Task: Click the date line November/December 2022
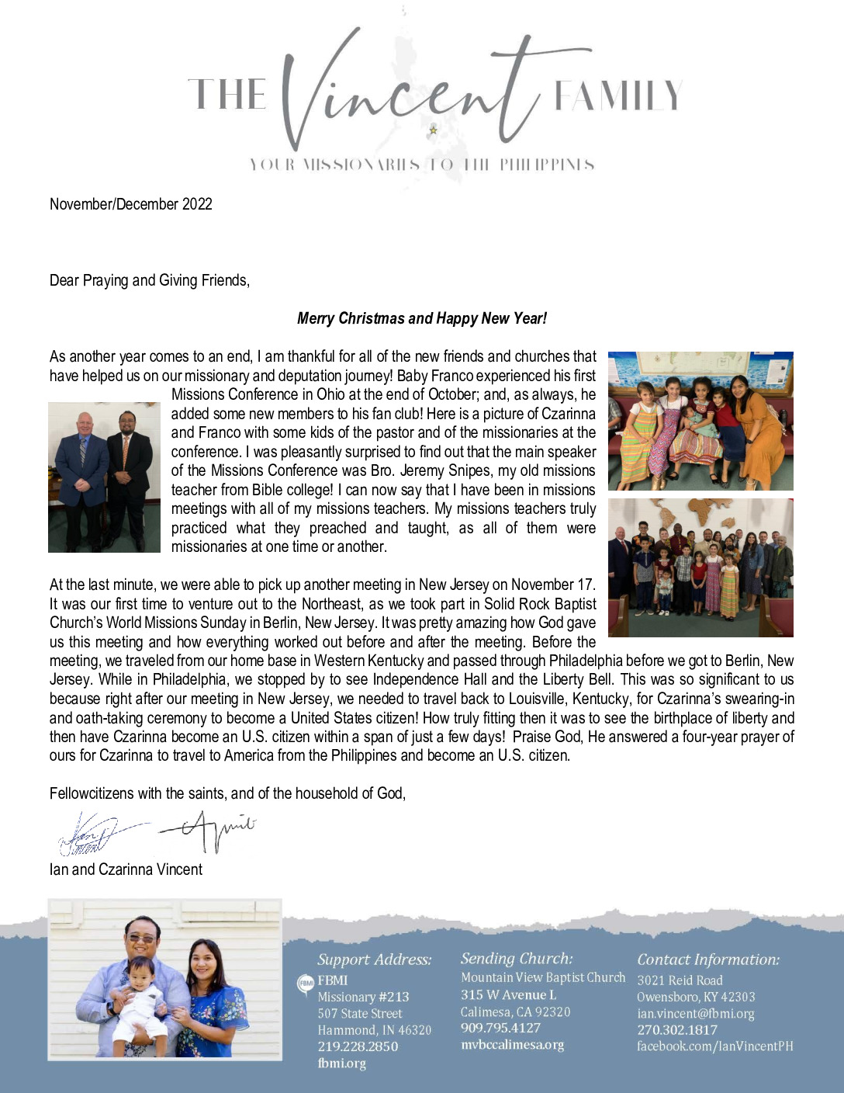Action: coord(130,204)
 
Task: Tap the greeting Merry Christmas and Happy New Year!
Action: coord(422,318)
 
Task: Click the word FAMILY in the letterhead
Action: coord(617,95)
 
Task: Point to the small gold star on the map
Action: coord(433,130)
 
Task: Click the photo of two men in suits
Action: coord(104,477)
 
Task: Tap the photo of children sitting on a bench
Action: coord(700,421)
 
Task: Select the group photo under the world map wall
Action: coord(700,567)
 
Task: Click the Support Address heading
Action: coord(374,959)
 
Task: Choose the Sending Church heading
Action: coord(517,959)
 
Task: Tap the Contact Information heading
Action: coord(708,959)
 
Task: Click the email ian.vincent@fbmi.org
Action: coord(695,1013)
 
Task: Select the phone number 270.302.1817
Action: coord(676,1030)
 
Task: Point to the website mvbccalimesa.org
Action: coord(512,1045)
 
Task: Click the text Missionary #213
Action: coord(363,997)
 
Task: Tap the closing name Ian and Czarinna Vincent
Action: coord(126,869)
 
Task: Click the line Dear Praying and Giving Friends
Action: coord(150,280)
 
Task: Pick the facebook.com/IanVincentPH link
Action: coord(714,1046)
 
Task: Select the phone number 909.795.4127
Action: coord(500,1028)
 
